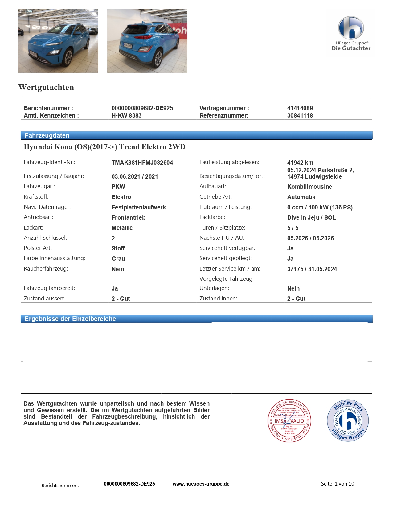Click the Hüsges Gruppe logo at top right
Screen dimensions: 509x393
(351, 33)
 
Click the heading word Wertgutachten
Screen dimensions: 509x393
(46, 87)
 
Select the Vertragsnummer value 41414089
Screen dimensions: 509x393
(300, 108)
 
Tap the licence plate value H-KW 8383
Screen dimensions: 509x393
(126, 115)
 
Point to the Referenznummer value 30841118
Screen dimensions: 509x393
(300, 115)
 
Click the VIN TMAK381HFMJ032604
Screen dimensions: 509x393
(142, 163)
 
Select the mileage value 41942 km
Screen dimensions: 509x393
(300, 163)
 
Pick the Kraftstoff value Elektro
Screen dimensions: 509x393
(121, 197)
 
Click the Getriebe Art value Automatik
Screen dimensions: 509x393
(301, 197)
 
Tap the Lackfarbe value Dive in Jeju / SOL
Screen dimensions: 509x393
(311, 217)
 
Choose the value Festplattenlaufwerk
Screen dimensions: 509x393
(138, 207)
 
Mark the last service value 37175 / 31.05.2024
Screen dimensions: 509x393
(312, 269)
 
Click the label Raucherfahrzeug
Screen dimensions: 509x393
(46, 269)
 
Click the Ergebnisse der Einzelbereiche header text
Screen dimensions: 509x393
(70, 319)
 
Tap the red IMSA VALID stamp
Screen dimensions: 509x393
(289, 420)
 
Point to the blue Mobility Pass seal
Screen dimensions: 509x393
(348, 420)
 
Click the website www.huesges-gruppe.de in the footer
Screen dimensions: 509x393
(201, 484)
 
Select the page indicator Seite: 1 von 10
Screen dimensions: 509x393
(338, 484)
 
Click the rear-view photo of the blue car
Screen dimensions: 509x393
(147, 41)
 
